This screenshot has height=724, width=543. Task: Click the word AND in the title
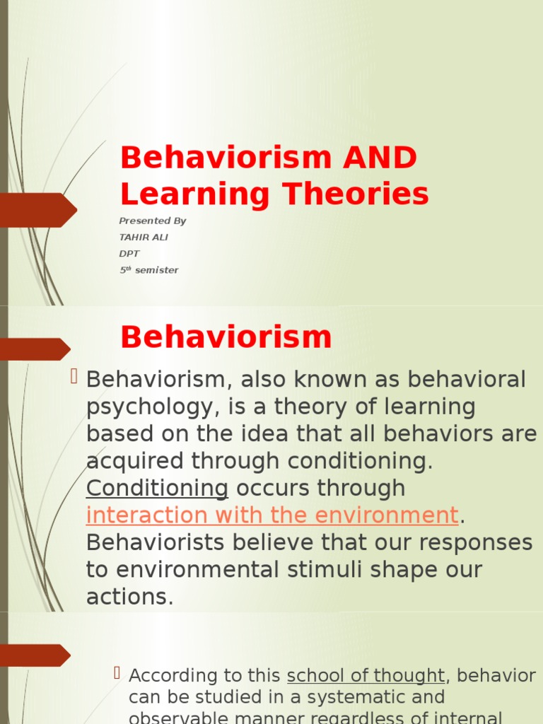[x=380, y=158]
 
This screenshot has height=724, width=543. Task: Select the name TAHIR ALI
[x=144, y=238]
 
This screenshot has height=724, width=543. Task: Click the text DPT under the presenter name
[x=129, y=254]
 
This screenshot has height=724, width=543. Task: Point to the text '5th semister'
[x=148, y=270]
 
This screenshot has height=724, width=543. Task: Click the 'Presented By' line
[x=152, y=221]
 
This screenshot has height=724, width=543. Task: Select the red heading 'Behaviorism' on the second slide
[x=226, y=337]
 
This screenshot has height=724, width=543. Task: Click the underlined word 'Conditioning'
[x=157, y=488]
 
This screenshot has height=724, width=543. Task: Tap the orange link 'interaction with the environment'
[x=272, y=515]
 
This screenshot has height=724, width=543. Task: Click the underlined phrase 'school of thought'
[x=366, y=676]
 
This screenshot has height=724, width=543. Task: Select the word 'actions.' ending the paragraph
[x=129, y=597]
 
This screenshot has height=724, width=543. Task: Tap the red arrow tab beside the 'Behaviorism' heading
[x=35, y=349]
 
